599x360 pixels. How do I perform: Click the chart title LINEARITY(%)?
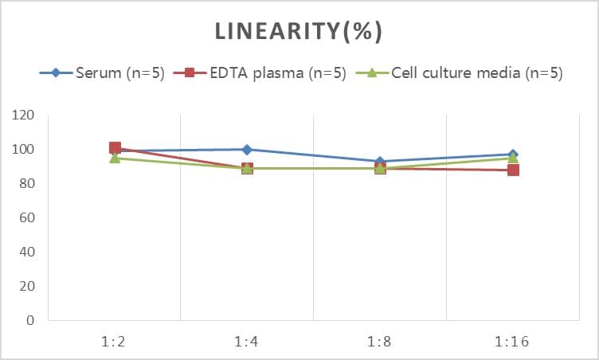(x=299, y=31)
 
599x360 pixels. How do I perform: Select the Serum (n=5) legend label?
(x=120, y=73)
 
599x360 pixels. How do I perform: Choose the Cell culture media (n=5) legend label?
(x=477, y=73)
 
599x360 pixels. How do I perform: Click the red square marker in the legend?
(x=190, y=73)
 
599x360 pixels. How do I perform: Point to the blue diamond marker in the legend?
(x=56, y=73)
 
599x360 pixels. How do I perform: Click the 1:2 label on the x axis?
(x=115, y=342)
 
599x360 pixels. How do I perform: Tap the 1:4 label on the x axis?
(x=247, y=342)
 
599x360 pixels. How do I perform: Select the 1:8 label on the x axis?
(x=380, y=342)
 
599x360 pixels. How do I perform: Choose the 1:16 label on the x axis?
(x=512, y=342)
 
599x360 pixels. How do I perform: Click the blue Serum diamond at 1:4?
(x=247, y=150)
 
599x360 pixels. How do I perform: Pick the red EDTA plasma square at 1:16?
(x=513, y=170)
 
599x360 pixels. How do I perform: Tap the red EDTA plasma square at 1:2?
(x=115, y=148)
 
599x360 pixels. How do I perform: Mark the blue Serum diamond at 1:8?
(x=380, y=162)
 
